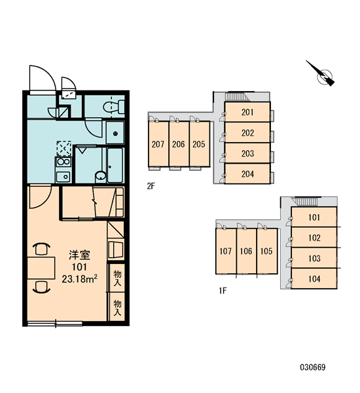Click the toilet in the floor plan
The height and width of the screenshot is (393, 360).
pyautogui.click(x=114, y=107)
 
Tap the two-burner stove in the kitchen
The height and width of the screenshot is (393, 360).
pyautogui.click(x=63, y=162)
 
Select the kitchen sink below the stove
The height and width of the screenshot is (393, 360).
pyautogui.click(x=63, y=177)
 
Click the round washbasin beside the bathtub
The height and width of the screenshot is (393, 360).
pyautogui.click(x=101, y=176)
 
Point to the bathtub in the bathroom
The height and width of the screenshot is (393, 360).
pyautogui.click(x=115, y=166)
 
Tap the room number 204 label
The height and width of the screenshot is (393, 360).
pyautogui.click(x=247, y=174)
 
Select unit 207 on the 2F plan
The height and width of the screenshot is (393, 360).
pyautogui.click(x=158, y=144)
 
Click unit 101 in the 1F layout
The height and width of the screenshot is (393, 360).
pyautogui.click(x=314, y=217)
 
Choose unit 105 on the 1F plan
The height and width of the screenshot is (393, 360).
pyautogui.click(x=267, y=251)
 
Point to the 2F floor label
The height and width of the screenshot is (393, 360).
pyautogui.click(x=151, y=186)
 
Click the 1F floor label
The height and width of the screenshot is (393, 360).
pyautogui.click(x=223, y=290)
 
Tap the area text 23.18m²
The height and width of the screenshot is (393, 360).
pyautogui.click(x=79, y=279)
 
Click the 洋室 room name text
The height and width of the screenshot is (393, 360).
pyautogui.click(x=79, y=255)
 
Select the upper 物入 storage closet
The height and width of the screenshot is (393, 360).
pyautogui.click(x=117, y=278)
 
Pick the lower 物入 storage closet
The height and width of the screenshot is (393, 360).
pyautogui.click(x=117, y=307)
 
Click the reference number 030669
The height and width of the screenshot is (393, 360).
pyautogui.click(x=313, y=367)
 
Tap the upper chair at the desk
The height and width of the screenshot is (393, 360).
pyautogui.click(x=41, y=249)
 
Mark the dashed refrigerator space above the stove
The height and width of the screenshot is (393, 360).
pyautogui.click(x=64, y=149)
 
